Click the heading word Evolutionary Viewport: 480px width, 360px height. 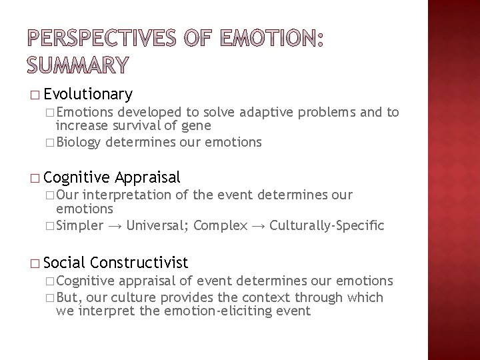(x=91, y=93)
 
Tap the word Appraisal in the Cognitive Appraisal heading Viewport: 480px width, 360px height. (x=147, y=177)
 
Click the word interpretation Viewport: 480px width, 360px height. (x=134, y=195)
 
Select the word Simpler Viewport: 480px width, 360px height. (x=79, y=225)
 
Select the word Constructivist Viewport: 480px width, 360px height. (x=143, y=262)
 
